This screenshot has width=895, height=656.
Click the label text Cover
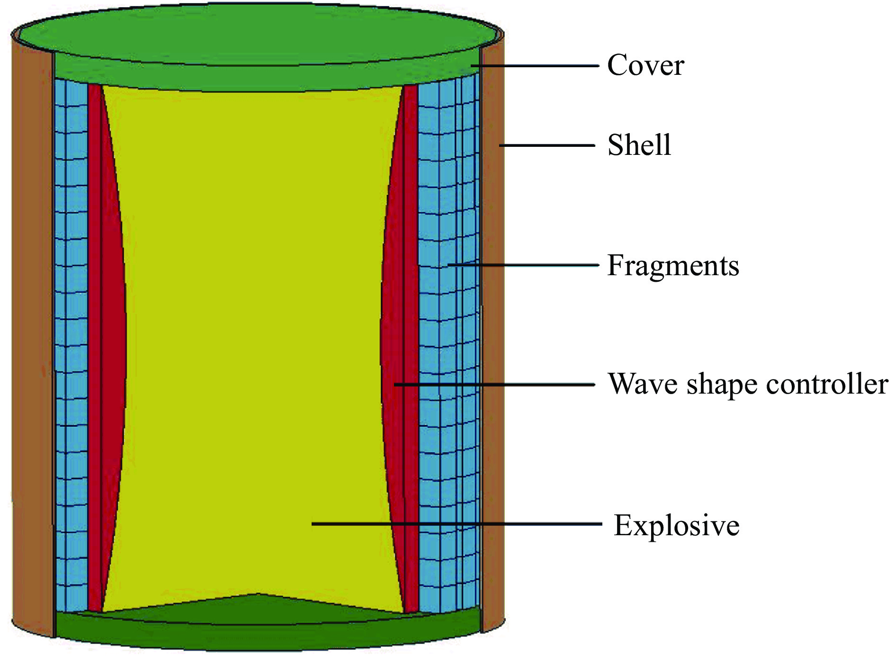pyautogui.click(x=645, y=65)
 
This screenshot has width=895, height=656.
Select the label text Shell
pyautogui.click(x=639, y=145)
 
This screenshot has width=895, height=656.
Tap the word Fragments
pyautogui.click(x=673, y=265)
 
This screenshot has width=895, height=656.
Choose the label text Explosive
pyautogui.click(x=677, y=525)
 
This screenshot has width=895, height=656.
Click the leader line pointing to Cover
pyautogui.click(x=540, y=66)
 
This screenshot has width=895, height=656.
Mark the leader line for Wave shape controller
pyautogui.click(x=497, y=385)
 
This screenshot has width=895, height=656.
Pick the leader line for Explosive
pyautogui.click(x=455, y=524)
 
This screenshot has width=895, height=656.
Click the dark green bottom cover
pyautogui.click(x=265, y=632)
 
